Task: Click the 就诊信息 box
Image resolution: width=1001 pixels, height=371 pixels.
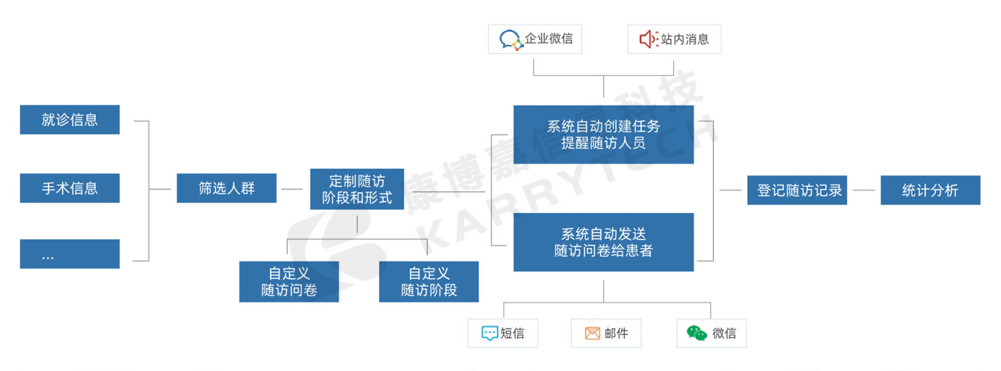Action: tap(70, 120)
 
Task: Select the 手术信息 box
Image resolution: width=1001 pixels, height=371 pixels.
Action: tap(70, 188)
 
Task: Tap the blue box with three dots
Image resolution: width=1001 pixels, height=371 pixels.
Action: tap(70, 254)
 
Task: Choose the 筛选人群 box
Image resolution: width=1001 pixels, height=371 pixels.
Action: tap(227, 188)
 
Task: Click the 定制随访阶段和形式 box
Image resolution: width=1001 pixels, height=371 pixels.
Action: tap(357, 189)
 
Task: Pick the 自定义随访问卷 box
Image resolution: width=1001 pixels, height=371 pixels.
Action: tap(289, 281)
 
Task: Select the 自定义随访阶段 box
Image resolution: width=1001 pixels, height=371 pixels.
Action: tap(429, 281)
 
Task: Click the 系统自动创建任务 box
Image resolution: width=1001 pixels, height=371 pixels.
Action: tap(603, 135)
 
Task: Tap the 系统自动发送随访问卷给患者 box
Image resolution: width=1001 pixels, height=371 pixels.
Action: tap(603, 242)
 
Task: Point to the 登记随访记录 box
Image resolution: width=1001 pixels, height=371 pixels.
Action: tap(797, 190)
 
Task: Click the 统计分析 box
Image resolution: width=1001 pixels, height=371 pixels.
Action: tap(930, 190)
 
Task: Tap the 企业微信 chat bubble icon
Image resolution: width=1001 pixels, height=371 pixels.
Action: tap(510, 40)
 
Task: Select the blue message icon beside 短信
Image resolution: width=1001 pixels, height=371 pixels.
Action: tap(489, 334)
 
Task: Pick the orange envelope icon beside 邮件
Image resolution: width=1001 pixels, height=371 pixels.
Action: tap(592, 334)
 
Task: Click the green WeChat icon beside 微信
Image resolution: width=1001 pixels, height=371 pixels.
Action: tap(696, 333)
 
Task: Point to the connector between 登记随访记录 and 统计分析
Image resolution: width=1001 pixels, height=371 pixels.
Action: tap(863, 190)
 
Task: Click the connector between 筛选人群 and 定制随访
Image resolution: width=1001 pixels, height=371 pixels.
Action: tap(292, 189)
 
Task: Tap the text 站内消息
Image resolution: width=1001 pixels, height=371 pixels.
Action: tap(685, 39)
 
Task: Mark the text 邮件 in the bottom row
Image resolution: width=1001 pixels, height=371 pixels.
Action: tap(616, 334)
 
